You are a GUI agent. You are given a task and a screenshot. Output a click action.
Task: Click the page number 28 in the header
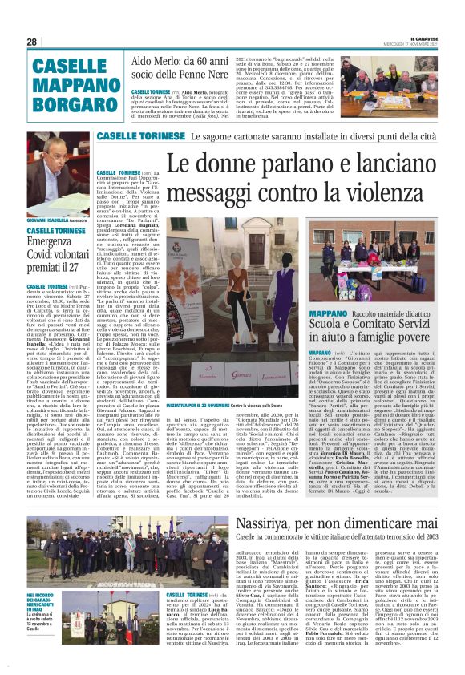[32, 42]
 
